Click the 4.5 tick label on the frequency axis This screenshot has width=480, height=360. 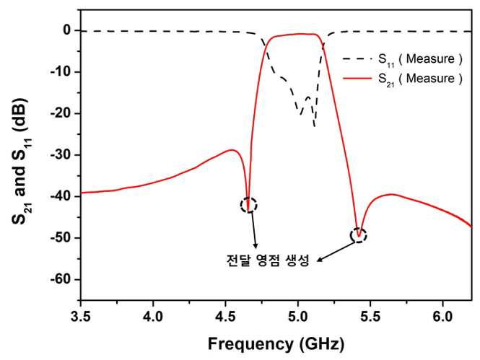[x=225, y=317]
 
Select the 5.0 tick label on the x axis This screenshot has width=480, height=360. [x=298, y=317]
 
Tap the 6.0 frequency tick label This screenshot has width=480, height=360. [x=442, y=317]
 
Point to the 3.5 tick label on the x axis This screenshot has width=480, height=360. [x=81, y=317]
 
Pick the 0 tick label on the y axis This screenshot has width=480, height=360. [x=67, y=30]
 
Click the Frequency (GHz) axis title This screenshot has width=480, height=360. [x=276, y=344]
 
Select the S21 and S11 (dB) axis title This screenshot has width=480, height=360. [x=20, y=161]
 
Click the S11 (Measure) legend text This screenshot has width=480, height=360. [x=420, y=59]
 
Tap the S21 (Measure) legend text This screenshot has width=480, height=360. [x=420, y=79]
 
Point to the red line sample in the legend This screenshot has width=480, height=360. [x=357, y=79]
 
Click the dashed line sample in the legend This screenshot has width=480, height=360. [x=357, y=58]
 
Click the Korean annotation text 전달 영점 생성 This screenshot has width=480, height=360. [x=268, y=260]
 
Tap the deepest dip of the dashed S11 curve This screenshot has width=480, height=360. [x=315, y=126]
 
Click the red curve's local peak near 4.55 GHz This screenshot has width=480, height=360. [x=232, y=150]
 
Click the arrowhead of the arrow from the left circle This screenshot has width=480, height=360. [x=256, y=247]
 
